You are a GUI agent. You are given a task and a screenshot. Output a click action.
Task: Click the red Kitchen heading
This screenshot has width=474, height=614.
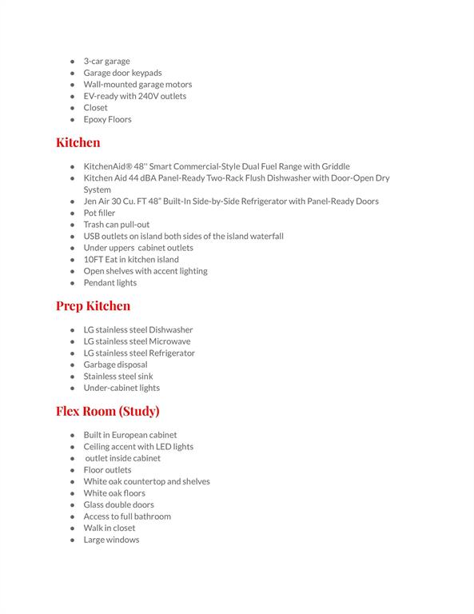point(78,142)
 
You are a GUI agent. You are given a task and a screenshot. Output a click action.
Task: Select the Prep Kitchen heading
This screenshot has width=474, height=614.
point(93,305)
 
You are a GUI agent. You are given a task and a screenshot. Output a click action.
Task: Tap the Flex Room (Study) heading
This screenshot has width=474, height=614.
point(107,411)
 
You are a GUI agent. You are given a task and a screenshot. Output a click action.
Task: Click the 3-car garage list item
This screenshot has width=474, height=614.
point(106,61)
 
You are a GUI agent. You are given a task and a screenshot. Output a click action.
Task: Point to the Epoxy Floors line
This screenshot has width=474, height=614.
point(107,119)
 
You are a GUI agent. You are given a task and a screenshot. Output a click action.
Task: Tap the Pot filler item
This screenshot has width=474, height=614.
point(99,213)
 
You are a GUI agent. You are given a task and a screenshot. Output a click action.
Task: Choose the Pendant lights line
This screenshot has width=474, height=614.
point(110,282)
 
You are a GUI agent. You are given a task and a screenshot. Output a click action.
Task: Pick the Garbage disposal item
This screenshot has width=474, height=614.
point(115,365)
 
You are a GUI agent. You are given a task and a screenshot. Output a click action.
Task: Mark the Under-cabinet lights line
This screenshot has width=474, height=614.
point(121,388)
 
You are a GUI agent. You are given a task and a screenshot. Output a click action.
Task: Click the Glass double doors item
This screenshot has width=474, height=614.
point(118,504)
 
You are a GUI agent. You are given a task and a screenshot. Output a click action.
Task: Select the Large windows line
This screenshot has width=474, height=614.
point(111,540)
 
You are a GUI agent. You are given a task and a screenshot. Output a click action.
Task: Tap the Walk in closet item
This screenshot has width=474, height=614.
point(110,528)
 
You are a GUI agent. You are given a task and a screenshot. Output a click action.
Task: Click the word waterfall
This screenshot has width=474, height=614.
point(265,236)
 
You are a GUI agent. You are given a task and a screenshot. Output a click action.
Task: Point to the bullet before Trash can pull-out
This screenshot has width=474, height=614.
point(72,225)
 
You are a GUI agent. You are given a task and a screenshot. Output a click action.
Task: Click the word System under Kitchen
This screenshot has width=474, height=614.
point(97,189)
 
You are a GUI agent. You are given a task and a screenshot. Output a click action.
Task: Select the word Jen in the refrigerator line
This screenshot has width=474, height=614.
point(91,201)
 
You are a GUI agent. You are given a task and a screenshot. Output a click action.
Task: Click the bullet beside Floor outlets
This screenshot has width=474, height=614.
point(72,470)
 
